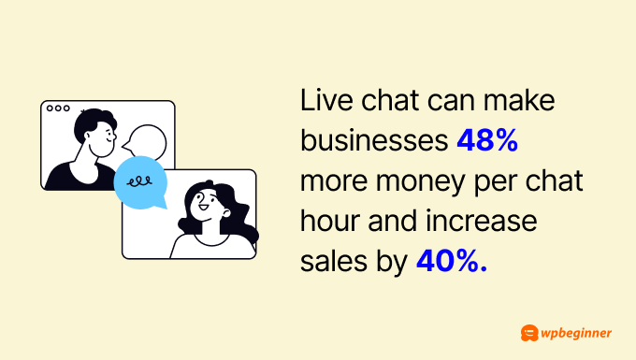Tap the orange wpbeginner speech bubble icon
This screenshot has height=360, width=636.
[528, 332]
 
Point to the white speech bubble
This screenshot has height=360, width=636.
[147, 142]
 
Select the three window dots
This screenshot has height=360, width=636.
[58, 108]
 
